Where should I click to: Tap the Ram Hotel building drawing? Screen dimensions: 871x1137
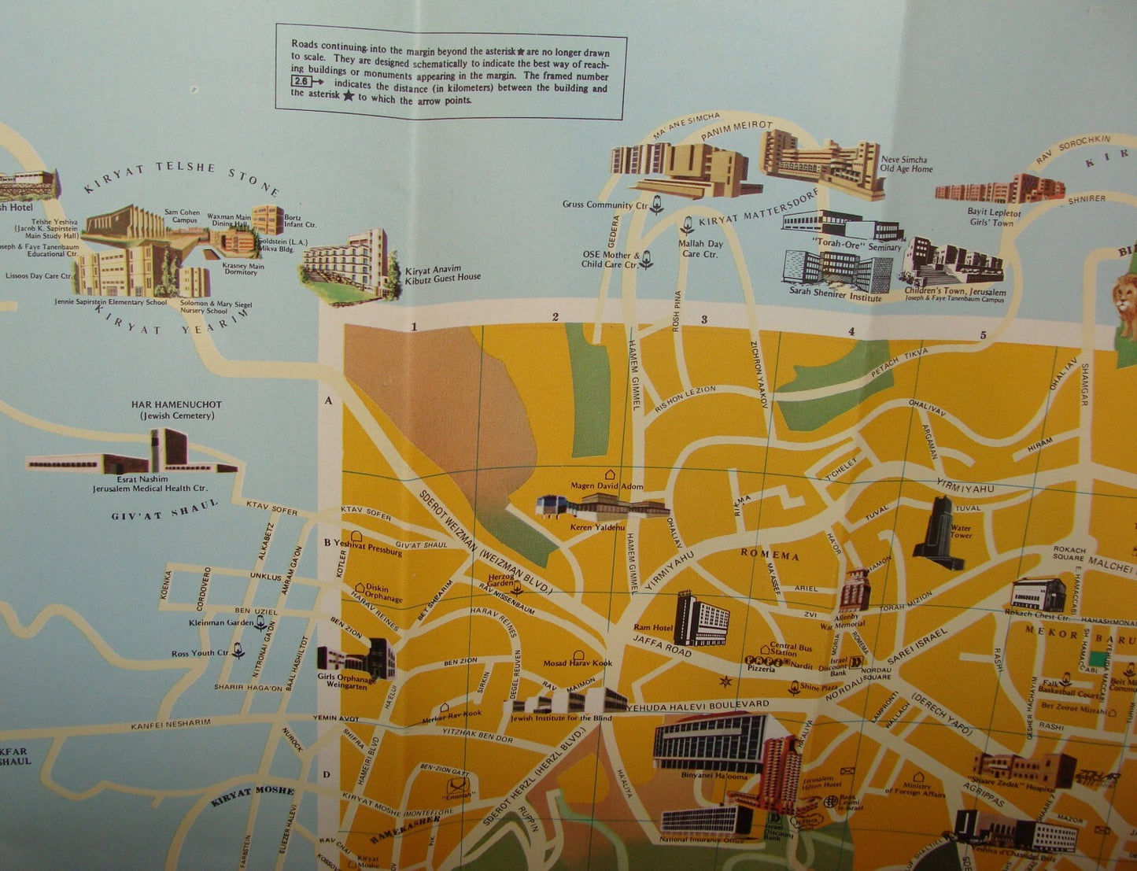pyautogui.click(x=700, y=618)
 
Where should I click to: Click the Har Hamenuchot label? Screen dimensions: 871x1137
pyautogui.click(x=176, y=404)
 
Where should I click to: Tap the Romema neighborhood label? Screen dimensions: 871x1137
pyautogui.click(x=770, y=555)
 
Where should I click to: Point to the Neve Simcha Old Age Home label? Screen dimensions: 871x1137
pyautogui.click(x=906, y=164)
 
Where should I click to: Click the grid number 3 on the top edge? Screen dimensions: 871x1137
pyautogui.click(x=704, y=319)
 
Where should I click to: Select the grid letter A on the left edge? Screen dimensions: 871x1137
pyautogui.click(x=329, y=400)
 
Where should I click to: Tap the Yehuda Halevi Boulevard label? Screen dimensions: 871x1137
pyautogui.click(x=698, y=704)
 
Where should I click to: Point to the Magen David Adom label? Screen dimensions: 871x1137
pyautogui.click(x=607, y=486)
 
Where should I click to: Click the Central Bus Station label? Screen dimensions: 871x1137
pyautogui.click(x=791, y=649)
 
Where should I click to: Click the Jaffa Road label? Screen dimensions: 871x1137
pyautogui.click(x=662, y=645)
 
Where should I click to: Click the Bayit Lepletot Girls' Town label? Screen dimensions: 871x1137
pyautogui.click(x=994, y=217)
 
